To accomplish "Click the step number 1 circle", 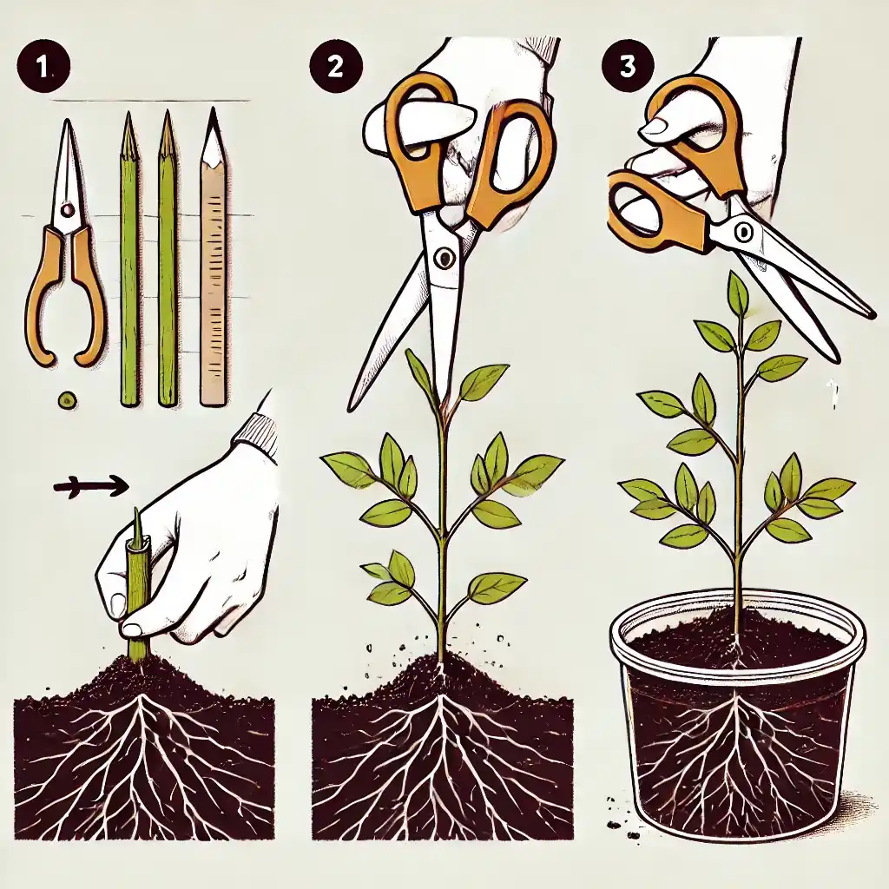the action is coord(43,68).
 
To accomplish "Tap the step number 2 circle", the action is coord(335,68).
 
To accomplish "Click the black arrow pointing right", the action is coord(90,485).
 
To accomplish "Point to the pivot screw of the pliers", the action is coord(67,210).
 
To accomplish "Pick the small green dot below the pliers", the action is coord(67,399).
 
